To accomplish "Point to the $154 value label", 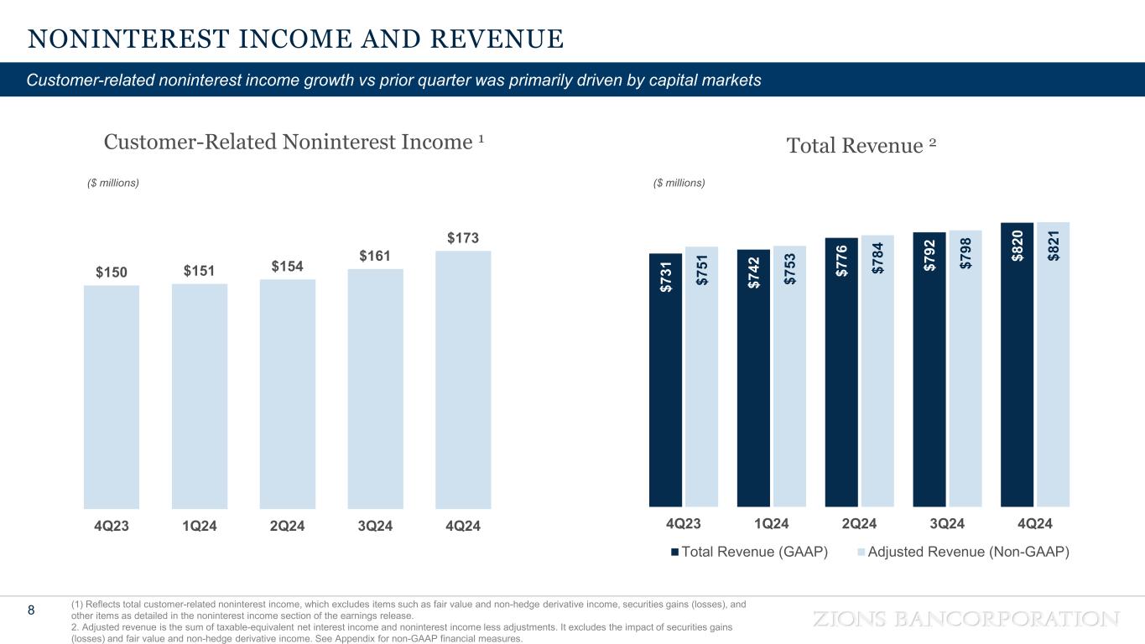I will point(288,266).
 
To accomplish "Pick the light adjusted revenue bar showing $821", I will point(1053,364).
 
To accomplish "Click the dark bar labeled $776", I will point(841,372).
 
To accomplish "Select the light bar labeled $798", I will point(965,369).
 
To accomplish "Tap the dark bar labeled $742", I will point(753,378).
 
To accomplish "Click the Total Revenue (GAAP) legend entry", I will point(749,552).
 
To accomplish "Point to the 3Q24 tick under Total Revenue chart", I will point(947,523).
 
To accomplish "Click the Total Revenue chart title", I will point(861,146).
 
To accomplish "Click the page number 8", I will point(32,610).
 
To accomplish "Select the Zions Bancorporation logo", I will point(966,619).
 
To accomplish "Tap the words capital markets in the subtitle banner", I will point(708,80).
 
